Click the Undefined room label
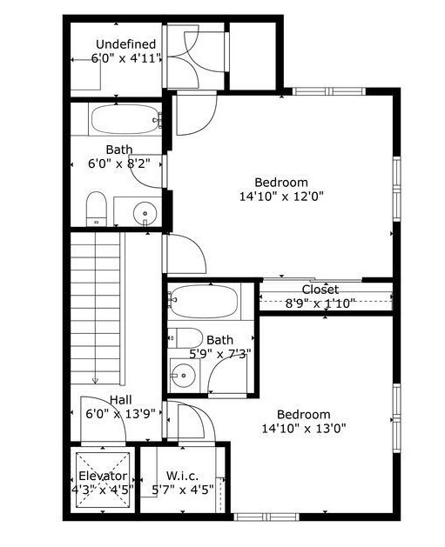click(125, 44)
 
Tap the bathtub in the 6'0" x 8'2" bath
click(125, 119)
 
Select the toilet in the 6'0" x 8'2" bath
click(96, 209)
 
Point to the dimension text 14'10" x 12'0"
click(281, 197)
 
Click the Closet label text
click(320, 290)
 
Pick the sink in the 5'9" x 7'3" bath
click(184, 377)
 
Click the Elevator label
click(103, 477)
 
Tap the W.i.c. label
click(183, 477)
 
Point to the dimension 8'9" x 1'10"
click(320, 304)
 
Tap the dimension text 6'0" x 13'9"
click(120, 415)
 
